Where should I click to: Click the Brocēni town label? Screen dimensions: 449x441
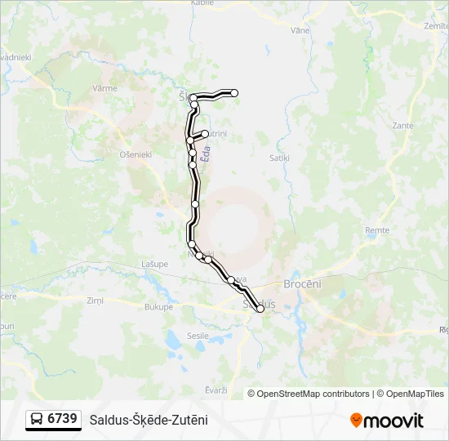coord(302,283)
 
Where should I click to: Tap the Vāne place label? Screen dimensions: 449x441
coord(300,30)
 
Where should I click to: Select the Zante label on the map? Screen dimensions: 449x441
coord(402,126)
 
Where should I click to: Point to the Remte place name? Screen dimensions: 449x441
coord(377,231)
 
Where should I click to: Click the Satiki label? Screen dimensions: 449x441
coord(281,153)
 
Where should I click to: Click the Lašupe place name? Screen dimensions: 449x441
coord(154,264)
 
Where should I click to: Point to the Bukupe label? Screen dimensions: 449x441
coord(158,307)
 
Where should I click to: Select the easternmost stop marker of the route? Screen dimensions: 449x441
coord(234,93)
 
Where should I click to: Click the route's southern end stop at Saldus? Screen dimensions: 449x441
coord(260,308)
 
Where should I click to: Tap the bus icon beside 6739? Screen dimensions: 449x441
coord(37,420)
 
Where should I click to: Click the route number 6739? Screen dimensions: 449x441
coord(63,419)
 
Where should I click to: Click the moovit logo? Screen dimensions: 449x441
coord(387,421)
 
